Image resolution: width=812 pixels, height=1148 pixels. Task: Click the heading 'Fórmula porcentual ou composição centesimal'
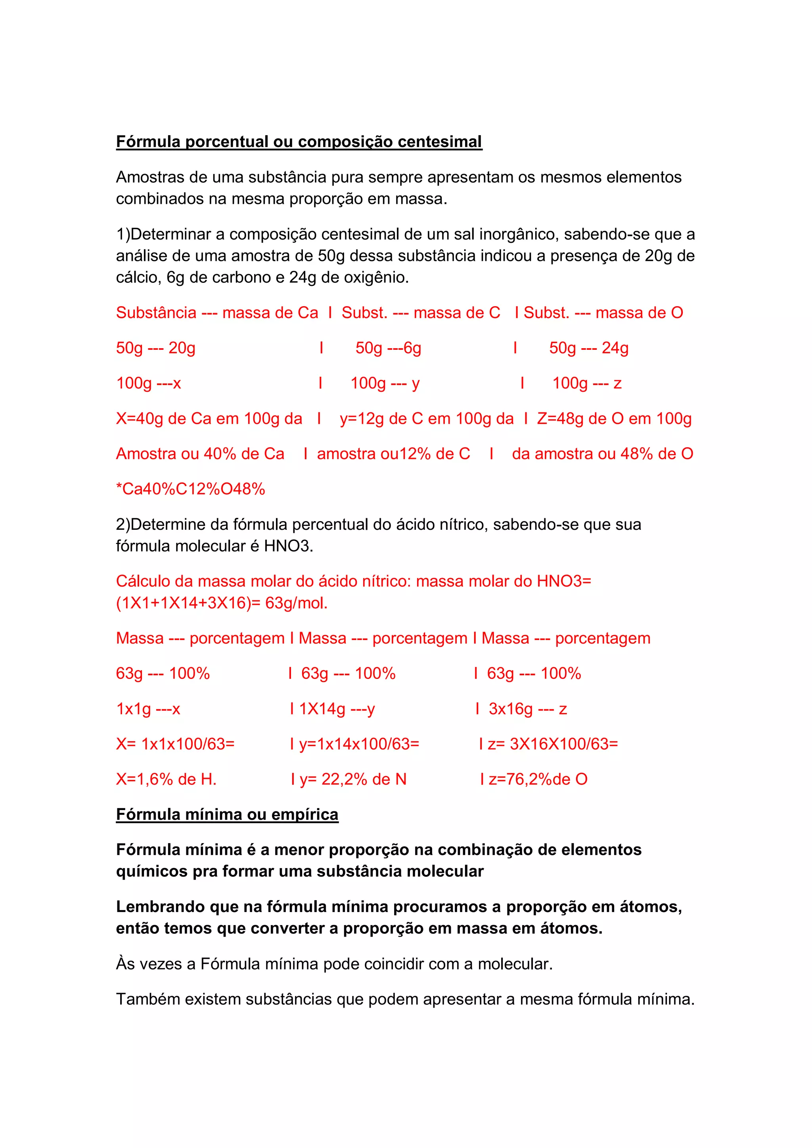(x=299, y=142)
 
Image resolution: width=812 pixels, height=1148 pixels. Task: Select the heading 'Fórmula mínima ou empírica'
(x=227, y=815)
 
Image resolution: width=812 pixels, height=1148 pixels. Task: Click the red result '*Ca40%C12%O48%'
(x=190, y=489)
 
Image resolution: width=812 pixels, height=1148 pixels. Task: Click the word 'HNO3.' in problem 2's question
(x=289, y=546)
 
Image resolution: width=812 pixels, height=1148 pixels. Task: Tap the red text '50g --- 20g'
(x=155, y=348)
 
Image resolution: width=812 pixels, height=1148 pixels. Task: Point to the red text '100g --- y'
(x=385, y=383)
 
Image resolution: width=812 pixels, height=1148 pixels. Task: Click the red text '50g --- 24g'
(x=588, y=348)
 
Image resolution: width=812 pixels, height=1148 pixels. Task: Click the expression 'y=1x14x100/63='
(x=359, y=744)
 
